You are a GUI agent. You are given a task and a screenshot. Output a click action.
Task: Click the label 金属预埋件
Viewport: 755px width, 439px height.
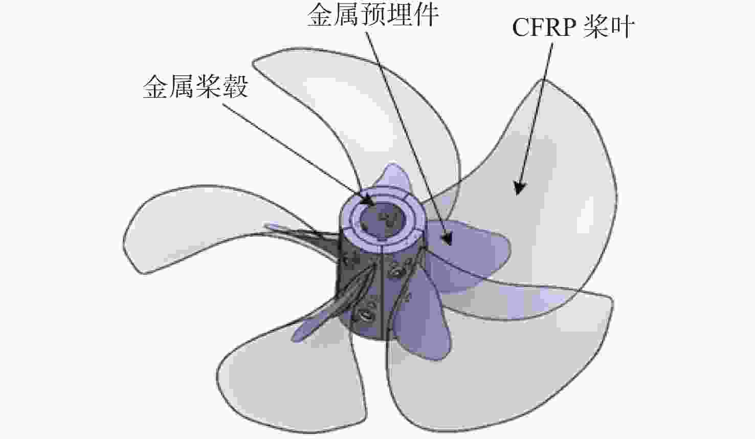coord(373,15)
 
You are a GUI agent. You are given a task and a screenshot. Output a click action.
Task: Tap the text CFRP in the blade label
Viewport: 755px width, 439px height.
coord(544,28)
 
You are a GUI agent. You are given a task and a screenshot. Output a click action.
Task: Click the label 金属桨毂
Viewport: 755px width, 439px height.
coord(196,86)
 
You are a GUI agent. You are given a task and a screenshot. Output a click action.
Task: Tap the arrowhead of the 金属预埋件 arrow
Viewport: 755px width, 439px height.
coord(447,238)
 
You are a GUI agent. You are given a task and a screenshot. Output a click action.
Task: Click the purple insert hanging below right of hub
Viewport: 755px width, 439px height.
coord(422,320)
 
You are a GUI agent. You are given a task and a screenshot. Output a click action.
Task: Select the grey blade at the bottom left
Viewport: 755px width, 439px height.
coord(290,381)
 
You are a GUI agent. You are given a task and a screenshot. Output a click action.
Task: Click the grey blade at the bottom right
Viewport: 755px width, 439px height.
coord(499,358)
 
